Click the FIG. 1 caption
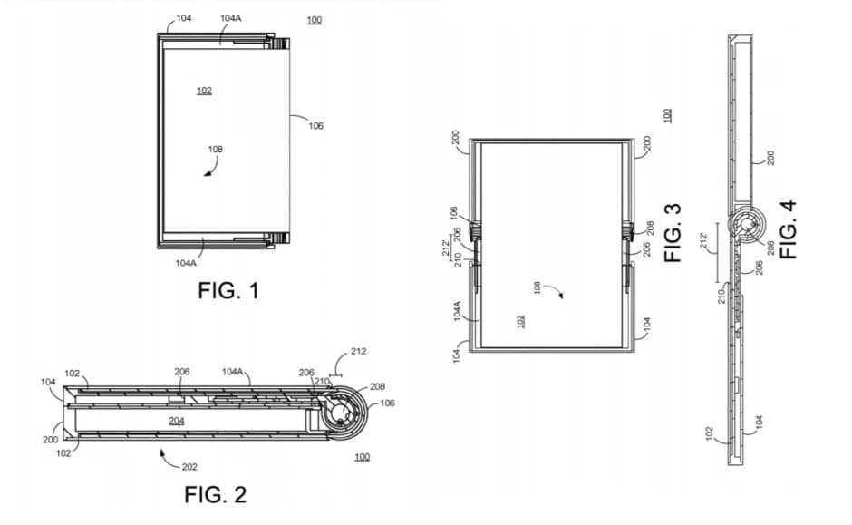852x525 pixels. (228, 291)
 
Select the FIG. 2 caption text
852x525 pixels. (216, 494)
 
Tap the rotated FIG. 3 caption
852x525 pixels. (673, 232)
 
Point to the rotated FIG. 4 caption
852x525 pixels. (789, 229)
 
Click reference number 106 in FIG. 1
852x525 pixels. (315, 126)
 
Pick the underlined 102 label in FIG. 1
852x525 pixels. (204, 91)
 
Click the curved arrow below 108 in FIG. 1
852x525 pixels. (210, 170)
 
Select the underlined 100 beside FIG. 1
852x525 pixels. (314, 20)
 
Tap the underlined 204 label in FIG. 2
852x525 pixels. (178, 422)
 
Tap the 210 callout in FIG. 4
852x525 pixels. (721, 296)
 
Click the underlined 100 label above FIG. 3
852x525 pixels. (668, 115)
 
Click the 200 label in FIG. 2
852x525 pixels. (51, 438)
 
